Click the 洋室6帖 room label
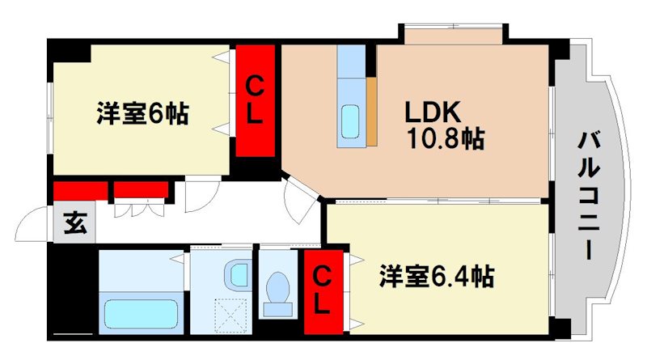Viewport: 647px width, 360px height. click(142, 113)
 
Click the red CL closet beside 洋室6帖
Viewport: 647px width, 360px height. click(254, 99)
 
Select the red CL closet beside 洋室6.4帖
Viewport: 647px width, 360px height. click(322, 292)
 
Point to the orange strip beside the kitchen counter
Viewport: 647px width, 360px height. click(372, 112)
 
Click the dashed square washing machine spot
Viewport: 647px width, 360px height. click(232, 311)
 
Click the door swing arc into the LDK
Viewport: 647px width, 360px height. click(301, 198)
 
